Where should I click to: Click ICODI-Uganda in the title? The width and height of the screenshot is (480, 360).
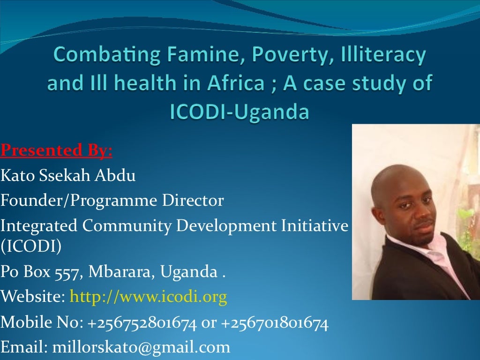point(240,112)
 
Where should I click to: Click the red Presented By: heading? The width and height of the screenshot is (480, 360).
point(56,151)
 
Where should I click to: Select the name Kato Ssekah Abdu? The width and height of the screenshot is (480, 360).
point(68,176)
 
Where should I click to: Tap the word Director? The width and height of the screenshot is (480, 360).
point(193,201)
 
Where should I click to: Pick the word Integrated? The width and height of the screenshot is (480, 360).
point(39,226)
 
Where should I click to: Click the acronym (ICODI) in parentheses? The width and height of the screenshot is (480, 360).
point(31,246)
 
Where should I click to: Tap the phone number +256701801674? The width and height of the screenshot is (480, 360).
point(274,322)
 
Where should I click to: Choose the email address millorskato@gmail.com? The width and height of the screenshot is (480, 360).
point(141,347)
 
